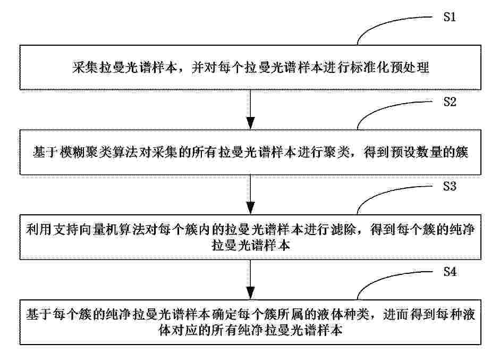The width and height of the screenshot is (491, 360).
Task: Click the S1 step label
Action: [x=450, y=17]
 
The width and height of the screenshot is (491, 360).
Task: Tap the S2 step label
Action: [x=450, y=102]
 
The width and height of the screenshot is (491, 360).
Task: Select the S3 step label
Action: [x=450, y=186]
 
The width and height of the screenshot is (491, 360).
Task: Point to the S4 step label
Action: [x=450, y=271]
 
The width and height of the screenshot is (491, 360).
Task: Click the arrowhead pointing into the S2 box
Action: [x=250, y=123]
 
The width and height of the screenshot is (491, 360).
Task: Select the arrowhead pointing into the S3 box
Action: [x=250, y=208]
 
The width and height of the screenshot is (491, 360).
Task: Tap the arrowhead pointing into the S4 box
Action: [x=250, y=294]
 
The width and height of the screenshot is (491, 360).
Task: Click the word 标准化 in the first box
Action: [x=370, y=68]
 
